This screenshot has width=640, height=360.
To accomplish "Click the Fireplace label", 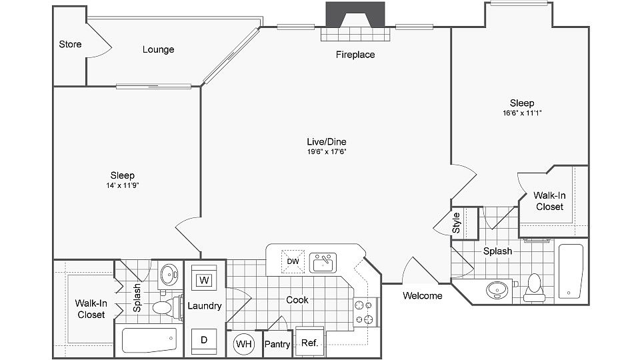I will pos(355,55).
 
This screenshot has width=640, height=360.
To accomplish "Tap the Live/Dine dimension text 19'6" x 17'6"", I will pos(326,151).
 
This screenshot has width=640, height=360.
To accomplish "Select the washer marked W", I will pos(205,279).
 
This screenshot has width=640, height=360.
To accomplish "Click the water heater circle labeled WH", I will pos(244,344).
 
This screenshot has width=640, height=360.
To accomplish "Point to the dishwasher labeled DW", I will pos(293,261).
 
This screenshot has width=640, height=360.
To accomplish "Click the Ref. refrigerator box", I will pos(309,344).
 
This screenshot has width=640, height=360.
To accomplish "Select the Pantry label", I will pos(277,345).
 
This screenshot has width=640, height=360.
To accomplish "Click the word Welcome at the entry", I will pos(423,295).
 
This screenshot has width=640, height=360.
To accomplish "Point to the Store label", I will pos(70,45).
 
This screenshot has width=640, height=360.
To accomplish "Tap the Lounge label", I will pos(159,49).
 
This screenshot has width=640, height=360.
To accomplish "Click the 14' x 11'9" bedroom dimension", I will pos(122,185).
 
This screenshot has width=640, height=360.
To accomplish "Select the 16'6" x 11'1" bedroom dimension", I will pos(521,113).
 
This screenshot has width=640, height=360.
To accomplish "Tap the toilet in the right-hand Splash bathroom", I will pos(534,285).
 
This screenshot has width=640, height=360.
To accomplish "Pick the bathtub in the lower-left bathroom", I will pos(149,340).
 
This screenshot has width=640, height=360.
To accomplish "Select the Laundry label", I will pos(204,306).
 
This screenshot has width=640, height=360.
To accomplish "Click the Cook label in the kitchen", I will pos(297,300).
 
